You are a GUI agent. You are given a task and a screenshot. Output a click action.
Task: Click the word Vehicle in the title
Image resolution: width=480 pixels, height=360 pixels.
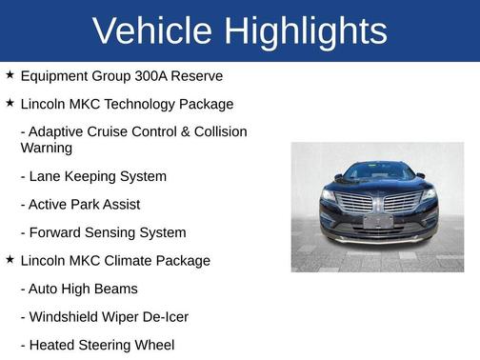point(152,30)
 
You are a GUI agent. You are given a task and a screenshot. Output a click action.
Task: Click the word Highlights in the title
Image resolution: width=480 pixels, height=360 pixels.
point(306,30)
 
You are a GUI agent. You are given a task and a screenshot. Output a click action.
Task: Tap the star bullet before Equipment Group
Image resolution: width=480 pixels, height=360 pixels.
point(10,74)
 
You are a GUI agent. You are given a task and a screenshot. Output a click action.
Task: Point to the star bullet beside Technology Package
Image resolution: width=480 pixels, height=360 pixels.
point(10,103)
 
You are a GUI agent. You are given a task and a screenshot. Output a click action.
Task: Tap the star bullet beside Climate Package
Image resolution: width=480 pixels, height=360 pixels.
point(10,260)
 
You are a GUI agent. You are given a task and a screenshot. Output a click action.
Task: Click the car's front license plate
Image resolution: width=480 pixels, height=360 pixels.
point(378,221)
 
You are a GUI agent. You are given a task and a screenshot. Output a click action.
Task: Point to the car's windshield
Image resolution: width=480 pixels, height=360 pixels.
point(378,173)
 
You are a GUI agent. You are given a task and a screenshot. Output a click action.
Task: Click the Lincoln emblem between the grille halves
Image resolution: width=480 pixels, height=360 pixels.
point(378,201)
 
